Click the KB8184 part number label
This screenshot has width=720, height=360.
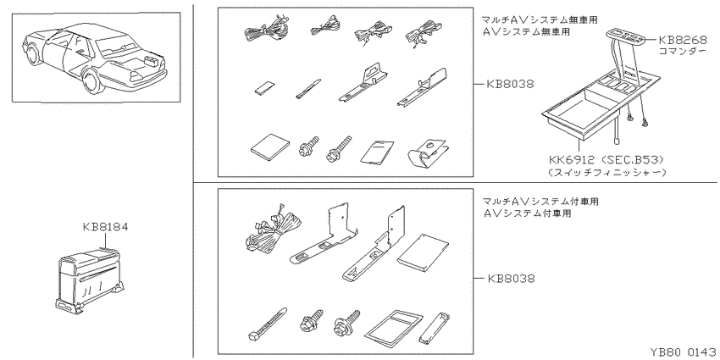coord(105,227)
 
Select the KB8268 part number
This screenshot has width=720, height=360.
coord(683,40)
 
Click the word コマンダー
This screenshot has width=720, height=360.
coord(683,51)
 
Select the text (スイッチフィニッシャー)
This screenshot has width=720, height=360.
coord(606,173)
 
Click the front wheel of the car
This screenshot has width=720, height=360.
coord(32,54)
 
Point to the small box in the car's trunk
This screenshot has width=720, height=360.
coord(149,60)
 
